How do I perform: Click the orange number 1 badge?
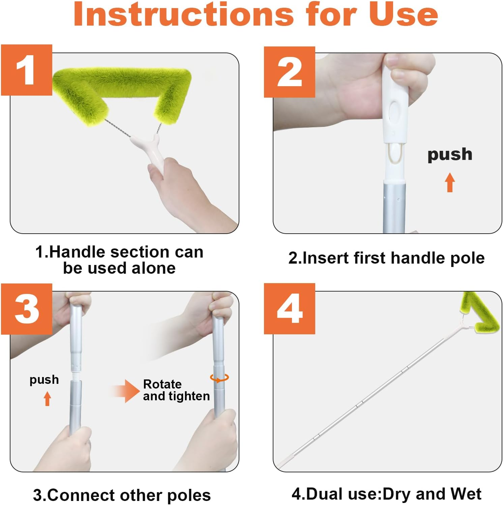[26, 70]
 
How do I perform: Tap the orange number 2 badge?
[289, 72]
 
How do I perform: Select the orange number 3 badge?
[26, 309]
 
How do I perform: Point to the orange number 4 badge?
[289, 309]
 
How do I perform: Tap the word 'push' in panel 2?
[450, 155]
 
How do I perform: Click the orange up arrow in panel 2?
[450, 182]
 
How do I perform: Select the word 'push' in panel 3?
[44, 379]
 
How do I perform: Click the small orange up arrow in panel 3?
[48, 399]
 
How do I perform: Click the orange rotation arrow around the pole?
[219, 378]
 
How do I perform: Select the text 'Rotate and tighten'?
[176, 390]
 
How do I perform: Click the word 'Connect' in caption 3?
[82, 495]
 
